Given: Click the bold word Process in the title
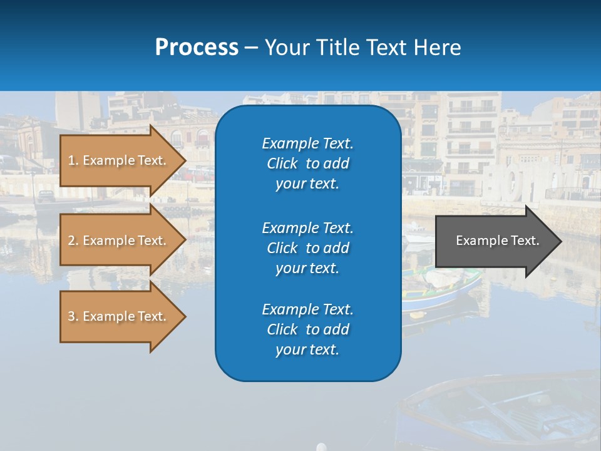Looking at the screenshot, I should pos(197,47).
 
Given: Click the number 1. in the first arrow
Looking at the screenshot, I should pos(73,160).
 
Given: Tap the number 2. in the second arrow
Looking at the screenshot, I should pos(73,241).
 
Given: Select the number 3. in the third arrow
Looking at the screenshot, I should pos(73,316).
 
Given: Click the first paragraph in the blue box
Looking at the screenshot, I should pos(307,163).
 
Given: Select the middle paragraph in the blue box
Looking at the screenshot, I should pos(307,248).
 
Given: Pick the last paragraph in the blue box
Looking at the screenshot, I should pos(307,329).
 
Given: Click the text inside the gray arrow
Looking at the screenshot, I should pos(497,241).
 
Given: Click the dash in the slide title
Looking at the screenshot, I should pos(251,48).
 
